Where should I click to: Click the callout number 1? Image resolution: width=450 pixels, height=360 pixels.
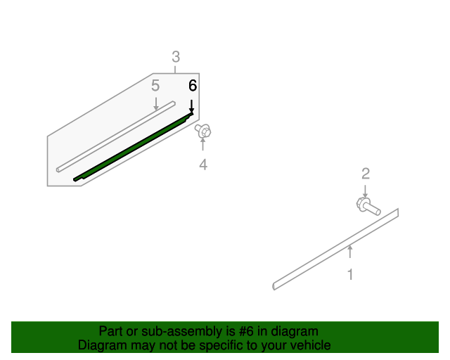click(350, 274)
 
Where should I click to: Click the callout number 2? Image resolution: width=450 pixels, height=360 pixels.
click(365, 174)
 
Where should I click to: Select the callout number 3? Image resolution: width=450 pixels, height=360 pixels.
click(176, 57)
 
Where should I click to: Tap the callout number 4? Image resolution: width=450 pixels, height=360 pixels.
click(202, 165)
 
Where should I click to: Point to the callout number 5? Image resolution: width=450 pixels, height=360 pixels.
click(155, 86)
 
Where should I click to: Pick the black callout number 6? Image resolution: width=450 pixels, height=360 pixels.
click(192, 86)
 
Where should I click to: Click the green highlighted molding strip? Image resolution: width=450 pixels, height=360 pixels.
click(134, 148)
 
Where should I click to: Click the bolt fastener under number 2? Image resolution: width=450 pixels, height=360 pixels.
click(367, 207)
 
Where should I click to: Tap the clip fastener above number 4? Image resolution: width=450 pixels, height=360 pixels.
click(204, 131)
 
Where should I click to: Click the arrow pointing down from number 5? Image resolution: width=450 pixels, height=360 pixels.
click(155, 103)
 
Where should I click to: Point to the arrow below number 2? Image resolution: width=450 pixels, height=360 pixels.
click(365, 191)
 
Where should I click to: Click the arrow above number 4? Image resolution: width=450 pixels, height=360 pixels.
click(202, 146)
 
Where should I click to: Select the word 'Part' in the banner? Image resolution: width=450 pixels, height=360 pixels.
click(110, 331)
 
